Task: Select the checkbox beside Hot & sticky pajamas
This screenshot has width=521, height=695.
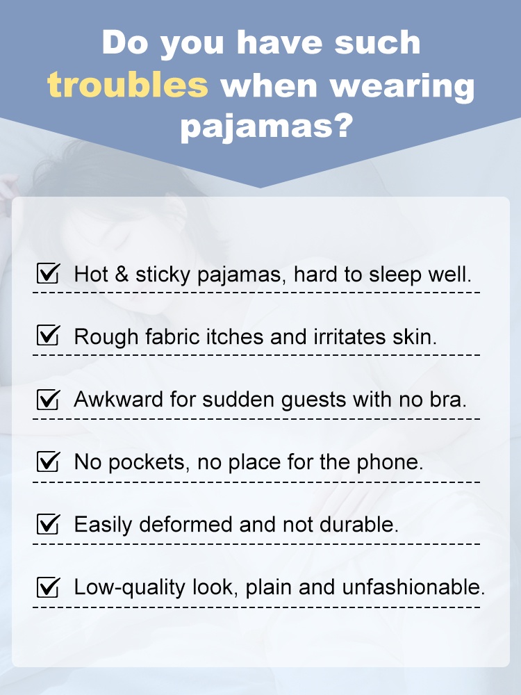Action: point(47,273)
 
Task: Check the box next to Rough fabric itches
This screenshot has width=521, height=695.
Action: point(47,336)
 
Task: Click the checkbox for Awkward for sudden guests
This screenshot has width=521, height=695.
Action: point(47,400)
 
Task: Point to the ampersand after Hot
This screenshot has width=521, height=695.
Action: point(122,274)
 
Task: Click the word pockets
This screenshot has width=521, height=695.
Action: point(150,462)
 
